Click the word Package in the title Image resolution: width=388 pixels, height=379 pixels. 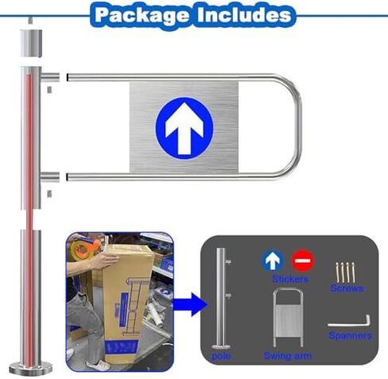coord(142,15)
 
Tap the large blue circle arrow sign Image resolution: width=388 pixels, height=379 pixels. coord(184,126)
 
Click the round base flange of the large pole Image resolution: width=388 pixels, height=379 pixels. coord(31,368)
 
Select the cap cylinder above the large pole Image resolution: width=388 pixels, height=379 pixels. coord(31,44)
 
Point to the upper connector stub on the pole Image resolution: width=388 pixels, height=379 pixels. coord(50,77)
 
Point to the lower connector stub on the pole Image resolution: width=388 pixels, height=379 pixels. coord(50,177)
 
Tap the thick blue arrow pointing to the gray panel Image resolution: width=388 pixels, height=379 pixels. coord(190,304)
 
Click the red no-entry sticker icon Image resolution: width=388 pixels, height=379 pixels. coord(303,261)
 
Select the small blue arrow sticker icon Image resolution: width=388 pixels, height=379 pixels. coord(273,261)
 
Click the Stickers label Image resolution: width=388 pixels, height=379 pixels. coord(290,279)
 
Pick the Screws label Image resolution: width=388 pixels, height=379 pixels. coord(347,288)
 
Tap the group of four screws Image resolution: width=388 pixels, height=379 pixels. coord(345,273)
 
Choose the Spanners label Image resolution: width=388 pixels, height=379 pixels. coord(351,336)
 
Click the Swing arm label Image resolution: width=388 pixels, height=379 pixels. coord(288,356)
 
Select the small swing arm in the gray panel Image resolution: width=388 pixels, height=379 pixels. coord(288,318)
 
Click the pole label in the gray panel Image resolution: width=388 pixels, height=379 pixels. coord(221,356)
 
